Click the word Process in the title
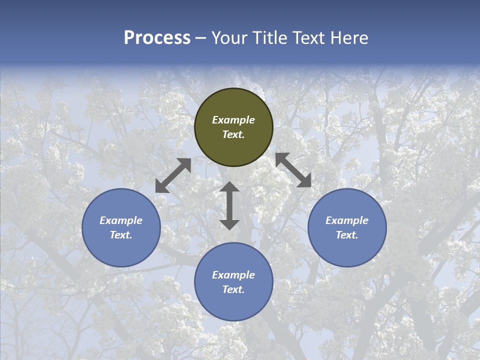(x=157, y=38)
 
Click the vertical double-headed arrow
(x=229, y=205)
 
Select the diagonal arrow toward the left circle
(x=173, y=175)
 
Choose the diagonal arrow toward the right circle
(x=293, y=170)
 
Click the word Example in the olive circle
(x=233, y=120)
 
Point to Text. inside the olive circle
(x=233, y=134)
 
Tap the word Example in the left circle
(x=121, y=220)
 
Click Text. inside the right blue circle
(x=347, y=235)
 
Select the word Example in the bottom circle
(x=233, y=275)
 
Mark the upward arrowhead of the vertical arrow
(x=229, y=187)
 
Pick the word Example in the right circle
(x=347, y=220)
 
